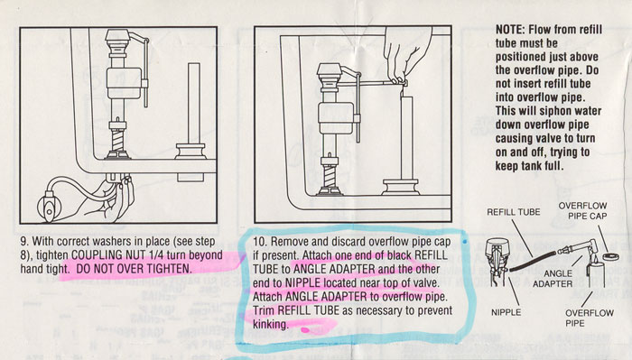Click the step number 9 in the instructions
[x=23, y=242]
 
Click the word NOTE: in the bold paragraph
[x=510, y=30]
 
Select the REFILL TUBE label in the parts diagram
[x=514, y=212]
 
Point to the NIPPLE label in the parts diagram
[x=506, y=312]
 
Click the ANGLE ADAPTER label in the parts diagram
[x=553, y=278]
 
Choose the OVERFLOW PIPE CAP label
[x=582, y=211]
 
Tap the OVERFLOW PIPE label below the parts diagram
[x=590, y=318]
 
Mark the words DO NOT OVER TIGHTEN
[x=133, y=269]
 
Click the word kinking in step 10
[x=271, y=325]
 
